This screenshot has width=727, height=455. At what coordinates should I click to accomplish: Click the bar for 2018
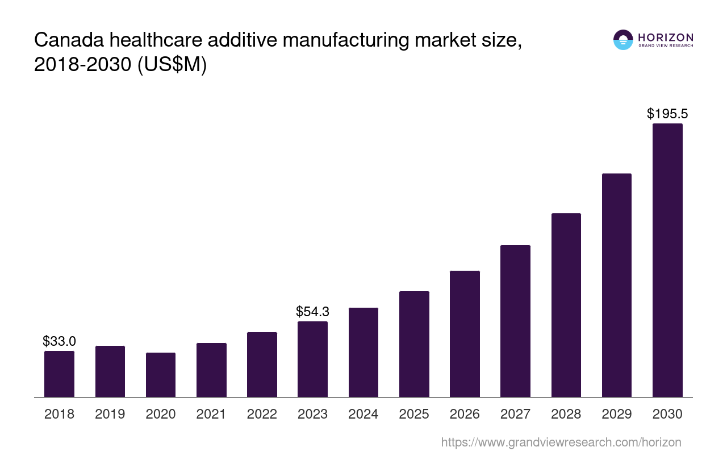point(59,374)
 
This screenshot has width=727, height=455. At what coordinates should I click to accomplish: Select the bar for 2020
point(161,375)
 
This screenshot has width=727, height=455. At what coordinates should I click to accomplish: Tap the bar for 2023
point(312,359)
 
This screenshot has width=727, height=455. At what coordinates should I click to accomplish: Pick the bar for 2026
point(465,334)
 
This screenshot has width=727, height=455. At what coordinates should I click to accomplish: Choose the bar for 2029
point(616,285)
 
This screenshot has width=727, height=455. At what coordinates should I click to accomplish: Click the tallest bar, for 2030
point(667,260)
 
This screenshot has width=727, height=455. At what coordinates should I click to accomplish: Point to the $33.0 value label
point(59,341)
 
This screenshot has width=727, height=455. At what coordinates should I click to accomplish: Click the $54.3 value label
point(312,312)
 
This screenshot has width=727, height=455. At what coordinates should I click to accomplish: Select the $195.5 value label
point(667,114)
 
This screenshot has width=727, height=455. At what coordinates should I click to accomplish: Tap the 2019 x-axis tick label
point(110,414)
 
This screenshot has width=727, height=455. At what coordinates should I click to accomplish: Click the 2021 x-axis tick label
point(211,414)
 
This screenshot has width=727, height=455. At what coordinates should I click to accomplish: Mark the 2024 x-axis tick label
point(363,414)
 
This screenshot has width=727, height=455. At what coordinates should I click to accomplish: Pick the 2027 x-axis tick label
point(515,414)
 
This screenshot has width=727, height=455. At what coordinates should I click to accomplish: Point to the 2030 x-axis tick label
point(667,414)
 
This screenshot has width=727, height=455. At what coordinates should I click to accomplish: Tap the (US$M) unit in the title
point(170,65)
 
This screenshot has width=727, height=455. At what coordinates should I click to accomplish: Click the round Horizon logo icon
point(623,40)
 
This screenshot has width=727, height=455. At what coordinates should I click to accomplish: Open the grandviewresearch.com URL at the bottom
point(561,442)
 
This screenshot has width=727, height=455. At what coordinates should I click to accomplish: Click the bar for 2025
point(414,344)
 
